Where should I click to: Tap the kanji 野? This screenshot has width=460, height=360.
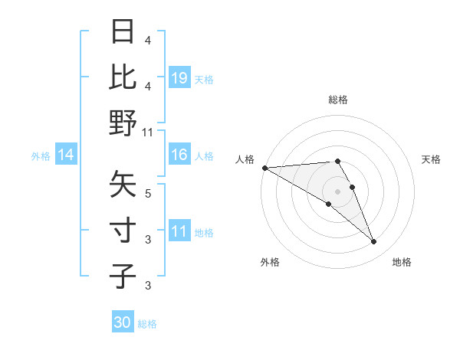pyautogui.click(x=123, y=123)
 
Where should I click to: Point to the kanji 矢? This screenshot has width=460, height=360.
pyautogui.click(x=123, y=184)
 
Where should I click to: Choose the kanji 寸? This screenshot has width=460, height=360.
pyautogui.click(x=123, y=230)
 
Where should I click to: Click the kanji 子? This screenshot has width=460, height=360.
pyautogui.click(x=123, y=276)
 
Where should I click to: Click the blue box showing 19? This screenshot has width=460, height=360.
pyautogui.click(x=179, y=77)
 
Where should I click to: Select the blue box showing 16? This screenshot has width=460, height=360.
pyautogui.click(x=179, y=155)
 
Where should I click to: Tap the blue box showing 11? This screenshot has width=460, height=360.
pyautogui.click(x=179, y=231)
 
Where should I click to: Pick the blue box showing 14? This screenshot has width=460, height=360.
pyautogui.click(x=66, y=155)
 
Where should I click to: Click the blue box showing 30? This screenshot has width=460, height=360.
pyautogui.click(x=122, y=322)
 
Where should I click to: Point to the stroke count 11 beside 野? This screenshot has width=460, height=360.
pyautogui.click(x=148, y=133)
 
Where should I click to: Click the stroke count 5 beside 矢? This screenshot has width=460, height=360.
pyautogui.click(x=148, y=193)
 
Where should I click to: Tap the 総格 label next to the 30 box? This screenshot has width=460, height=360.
pyautogui.click(x=147, y=324)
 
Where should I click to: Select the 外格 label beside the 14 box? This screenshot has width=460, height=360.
pyautogui.click(x=41, y=156)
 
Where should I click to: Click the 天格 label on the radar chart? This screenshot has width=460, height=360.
pyautogui.click(x=432, y=159)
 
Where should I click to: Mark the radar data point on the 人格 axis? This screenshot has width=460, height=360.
pyautogui.click(x=264, y=168)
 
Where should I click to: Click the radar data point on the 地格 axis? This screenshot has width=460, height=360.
pyautogui.click(x=373, y=242)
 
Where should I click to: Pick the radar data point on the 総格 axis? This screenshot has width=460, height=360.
pyautogui.click(x=337, y=161)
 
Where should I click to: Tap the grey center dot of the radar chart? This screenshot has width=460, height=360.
pyautogui.click(x=337, y=191)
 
